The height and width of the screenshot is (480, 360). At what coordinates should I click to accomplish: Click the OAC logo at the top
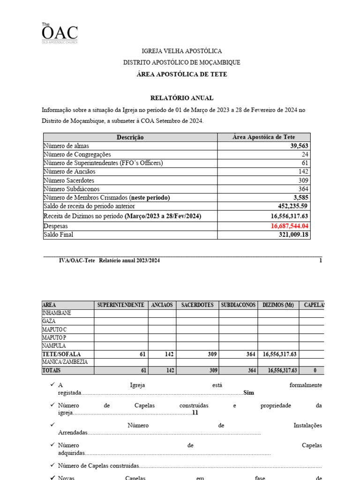(x=59, y=33)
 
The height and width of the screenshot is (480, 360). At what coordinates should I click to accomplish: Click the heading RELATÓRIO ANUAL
(x=181, y=98)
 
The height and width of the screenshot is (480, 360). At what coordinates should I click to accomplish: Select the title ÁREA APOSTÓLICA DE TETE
(x=181, y=75)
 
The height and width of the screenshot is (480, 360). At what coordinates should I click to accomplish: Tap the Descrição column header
(x=130, y=137)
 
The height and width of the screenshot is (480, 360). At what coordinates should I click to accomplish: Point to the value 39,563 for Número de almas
(x=299, y=146)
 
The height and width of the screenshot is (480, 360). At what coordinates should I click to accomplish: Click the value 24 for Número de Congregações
(x=304, y=154)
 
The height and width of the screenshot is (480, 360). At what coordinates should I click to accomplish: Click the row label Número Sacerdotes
(x=68, y=180)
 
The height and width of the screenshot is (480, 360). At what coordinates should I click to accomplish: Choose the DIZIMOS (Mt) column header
(x=278, y=305)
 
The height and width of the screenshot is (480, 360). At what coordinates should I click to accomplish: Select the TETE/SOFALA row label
(x=61, y=354)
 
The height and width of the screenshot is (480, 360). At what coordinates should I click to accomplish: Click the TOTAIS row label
(x=52, y=370)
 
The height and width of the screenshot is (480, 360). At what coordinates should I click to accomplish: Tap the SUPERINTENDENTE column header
(x=120, y=305)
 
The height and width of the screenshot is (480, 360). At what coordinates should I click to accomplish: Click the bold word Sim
(x=248, y=393)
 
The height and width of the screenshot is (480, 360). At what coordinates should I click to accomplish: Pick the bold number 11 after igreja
(x=195, y=413)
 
